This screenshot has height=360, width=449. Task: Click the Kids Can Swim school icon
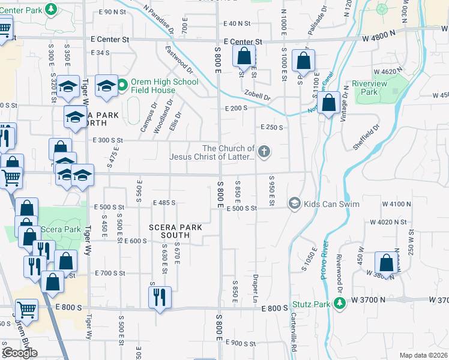coord(294,204)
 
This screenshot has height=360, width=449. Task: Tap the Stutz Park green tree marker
coord(340,304)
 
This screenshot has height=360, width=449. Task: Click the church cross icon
coord(264,152)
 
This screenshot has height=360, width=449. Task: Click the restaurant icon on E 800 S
coord(160,298)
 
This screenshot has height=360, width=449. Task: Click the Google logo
coord(20,353)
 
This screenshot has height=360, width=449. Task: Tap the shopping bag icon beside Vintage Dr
coord(329,103)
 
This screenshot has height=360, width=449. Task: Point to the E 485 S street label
coord(164,203)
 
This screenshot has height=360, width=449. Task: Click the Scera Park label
coord(61,230)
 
